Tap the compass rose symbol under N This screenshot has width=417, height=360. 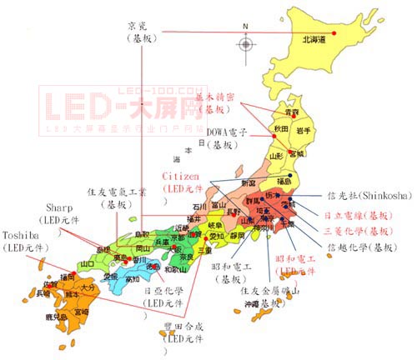(x=245, y=42)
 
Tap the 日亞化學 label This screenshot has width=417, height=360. (x=163, y=292)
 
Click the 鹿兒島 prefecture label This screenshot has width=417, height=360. (x=58, y=317)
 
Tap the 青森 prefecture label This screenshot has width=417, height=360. (x=291, y=111)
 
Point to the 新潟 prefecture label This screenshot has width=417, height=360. (x=248, y=182)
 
